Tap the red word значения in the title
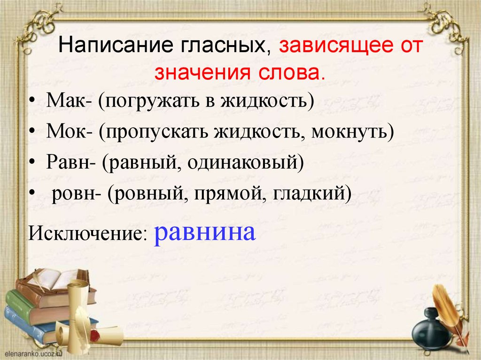[x=199, y=73]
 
